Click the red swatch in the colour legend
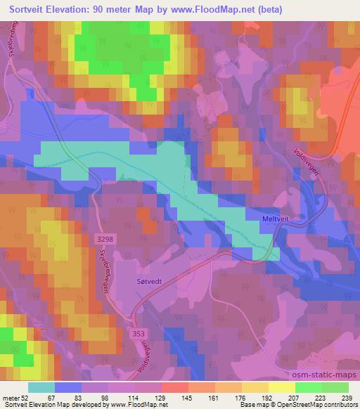(x=174, y=387)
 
